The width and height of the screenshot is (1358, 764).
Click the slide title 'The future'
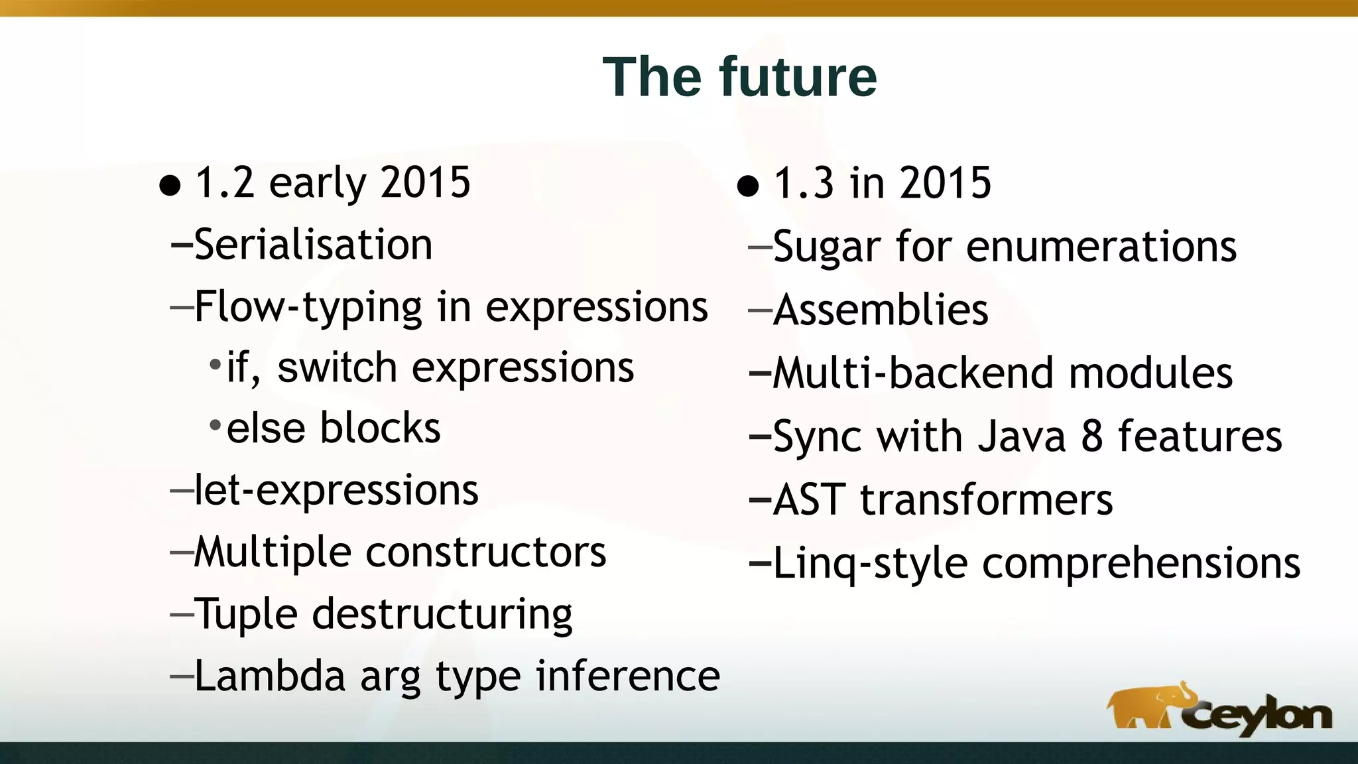pos(739,77)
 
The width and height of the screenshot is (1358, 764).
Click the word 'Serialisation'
pos(313,245)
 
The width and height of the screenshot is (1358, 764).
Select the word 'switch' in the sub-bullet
pos(337,368)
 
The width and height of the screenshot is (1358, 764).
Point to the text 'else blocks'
pos(334,428)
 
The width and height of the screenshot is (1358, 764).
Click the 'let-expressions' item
pos(336,491)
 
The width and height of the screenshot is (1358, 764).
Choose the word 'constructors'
pos(485,552)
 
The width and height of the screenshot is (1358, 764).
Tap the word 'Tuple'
pos(246,614)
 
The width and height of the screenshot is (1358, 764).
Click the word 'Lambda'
pos(269,676)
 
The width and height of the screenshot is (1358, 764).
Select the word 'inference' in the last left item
pos(627,676)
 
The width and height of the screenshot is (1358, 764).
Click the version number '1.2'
pos(225,183)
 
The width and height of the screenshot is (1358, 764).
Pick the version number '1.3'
pos(803,183)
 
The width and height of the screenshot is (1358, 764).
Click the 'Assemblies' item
pos(881,310)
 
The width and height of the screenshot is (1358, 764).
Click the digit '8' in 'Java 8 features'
pos(1092,437)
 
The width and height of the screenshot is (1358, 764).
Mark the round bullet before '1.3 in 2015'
pos(747,186)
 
